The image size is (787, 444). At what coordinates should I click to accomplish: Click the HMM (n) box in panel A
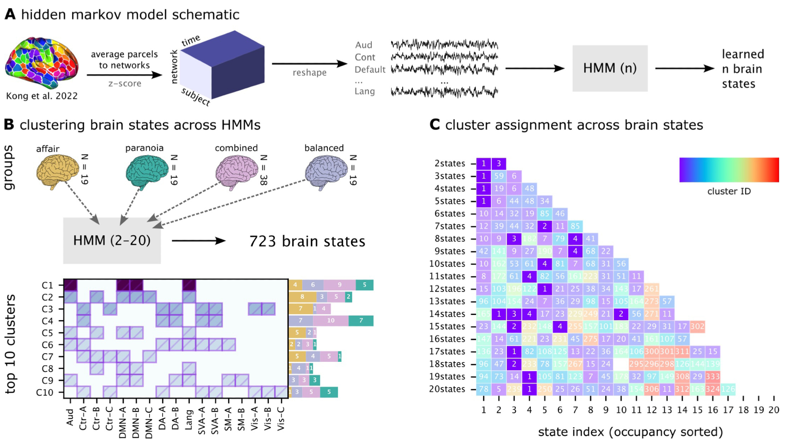tap(610, 68)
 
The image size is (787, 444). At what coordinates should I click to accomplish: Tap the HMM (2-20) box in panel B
tap(112, 240)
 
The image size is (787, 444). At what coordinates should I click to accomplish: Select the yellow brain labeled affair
tap(57, 171)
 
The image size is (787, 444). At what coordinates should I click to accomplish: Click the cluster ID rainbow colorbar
tap(729, 170)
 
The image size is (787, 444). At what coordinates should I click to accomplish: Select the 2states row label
tap(449, 164)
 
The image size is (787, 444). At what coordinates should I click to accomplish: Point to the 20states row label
tap(447, 389)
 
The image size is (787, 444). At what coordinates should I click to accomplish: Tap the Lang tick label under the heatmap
tap(189, 419)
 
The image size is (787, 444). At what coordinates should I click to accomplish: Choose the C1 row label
tap(47, 285)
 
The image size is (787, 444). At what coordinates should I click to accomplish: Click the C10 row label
tap(44, 392)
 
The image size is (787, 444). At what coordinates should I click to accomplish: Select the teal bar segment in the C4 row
tap(361, 321)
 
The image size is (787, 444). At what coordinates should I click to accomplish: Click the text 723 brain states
tap(307, 241)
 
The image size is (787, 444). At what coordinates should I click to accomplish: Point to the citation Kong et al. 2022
tap(42, 96)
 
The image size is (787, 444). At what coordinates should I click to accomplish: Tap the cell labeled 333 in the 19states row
tap(713, 377)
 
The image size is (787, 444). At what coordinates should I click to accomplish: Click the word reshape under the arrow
tap(309, 73)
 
